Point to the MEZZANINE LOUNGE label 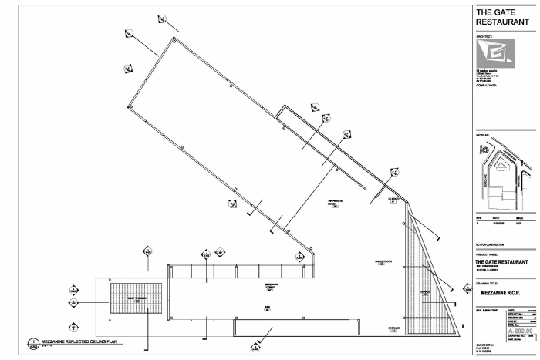(271, 285)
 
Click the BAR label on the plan (267, 306)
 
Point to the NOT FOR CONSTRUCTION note (491, 245)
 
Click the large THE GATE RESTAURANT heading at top (502, 17)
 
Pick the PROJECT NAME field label (489, 254)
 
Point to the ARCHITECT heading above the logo (484, 35)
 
